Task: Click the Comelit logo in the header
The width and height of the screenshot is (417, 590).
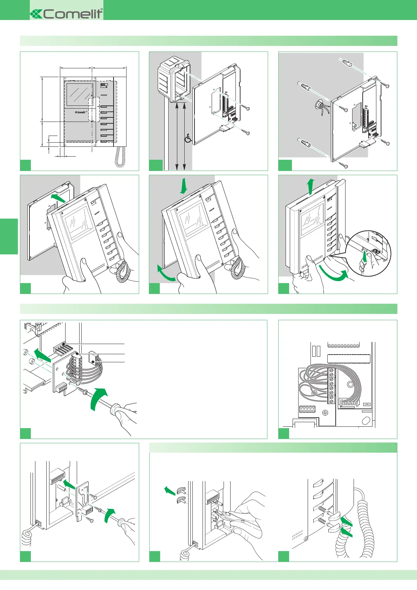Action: click(x=67, y=14)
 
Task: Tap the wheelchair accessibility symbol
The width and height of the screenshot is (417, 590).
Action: click(x=188, y=138)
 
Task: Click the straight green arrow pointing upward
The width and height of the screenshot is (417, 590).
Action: click(x=310, y=186)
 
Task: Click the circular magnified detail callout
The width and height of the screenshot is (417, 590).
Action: click(x=368, y=253)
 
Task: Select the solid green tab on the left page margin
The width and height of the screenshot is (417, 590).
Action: click(x=9, y=236)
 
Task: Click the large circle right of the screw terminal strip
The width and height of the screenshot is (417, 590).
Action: click(x=350, y=385)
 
